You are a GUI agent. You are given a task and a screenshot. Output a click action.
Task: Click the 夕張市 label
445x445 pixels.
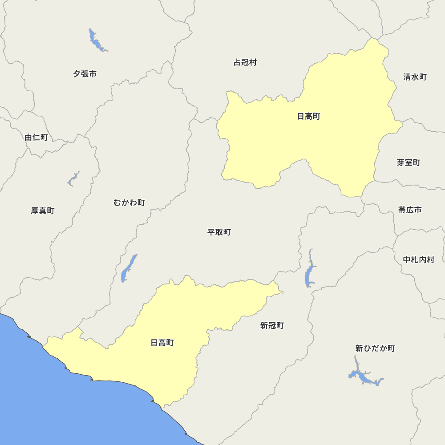(x=85, y=74)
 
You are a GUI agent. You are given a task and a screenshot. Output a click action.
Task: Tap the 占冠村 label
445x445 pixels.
(x=245, y=63)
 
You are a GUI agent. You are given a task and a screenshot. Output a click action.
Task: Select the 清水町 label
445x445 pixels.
(x=415, y=77)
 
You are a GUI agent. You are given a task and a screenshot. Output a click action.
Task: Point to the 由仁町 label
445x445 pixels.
(x=36, y=138)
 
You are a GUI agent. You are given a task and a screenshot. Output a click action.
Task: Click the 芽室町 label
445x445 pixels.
(x=409, y=163)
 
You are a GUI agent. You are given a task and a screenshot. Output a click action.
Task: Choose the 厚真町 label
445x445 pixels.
(x=43, y=211)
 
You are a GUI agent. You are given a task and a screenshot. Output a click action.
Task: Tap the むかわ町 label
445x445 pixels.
(x=129, y=203)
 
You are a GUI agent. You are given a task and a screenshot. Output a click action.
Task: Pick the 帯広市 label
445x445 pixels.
(x=410, y=210)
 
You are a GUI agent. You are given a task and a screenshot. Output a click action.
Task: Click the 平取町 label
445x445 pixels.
(x=219, y=232)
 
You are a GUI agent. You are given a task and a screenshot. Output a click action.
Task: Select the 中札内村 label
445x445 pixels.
(x=418, y=260)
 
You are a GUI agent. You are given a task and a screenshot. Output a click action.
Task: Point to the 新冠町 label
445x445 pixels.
(x=272, y=326)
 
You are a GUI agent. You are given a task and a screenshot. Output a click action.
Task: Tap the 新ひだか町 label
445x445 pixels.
(x=375, y=348)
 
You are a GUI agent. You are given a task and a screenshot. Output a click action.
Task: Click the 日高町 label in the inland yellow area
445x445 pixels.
(x=308, y=117)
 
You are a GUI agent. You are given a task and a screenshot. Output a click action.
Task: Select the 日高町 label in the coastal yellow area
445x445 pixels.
(x=162, y=343)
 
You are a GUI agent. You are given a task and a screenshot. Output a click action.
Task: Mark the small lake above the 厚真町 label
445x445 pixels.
(x=72, y=180)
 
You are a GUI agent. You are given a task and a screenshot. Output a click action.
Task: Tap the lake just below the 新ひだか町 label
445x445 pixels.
(x=363, y=377)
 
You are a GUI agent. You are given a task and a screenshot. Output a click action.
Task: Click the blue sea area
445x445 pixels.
(x=67, y=409)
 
